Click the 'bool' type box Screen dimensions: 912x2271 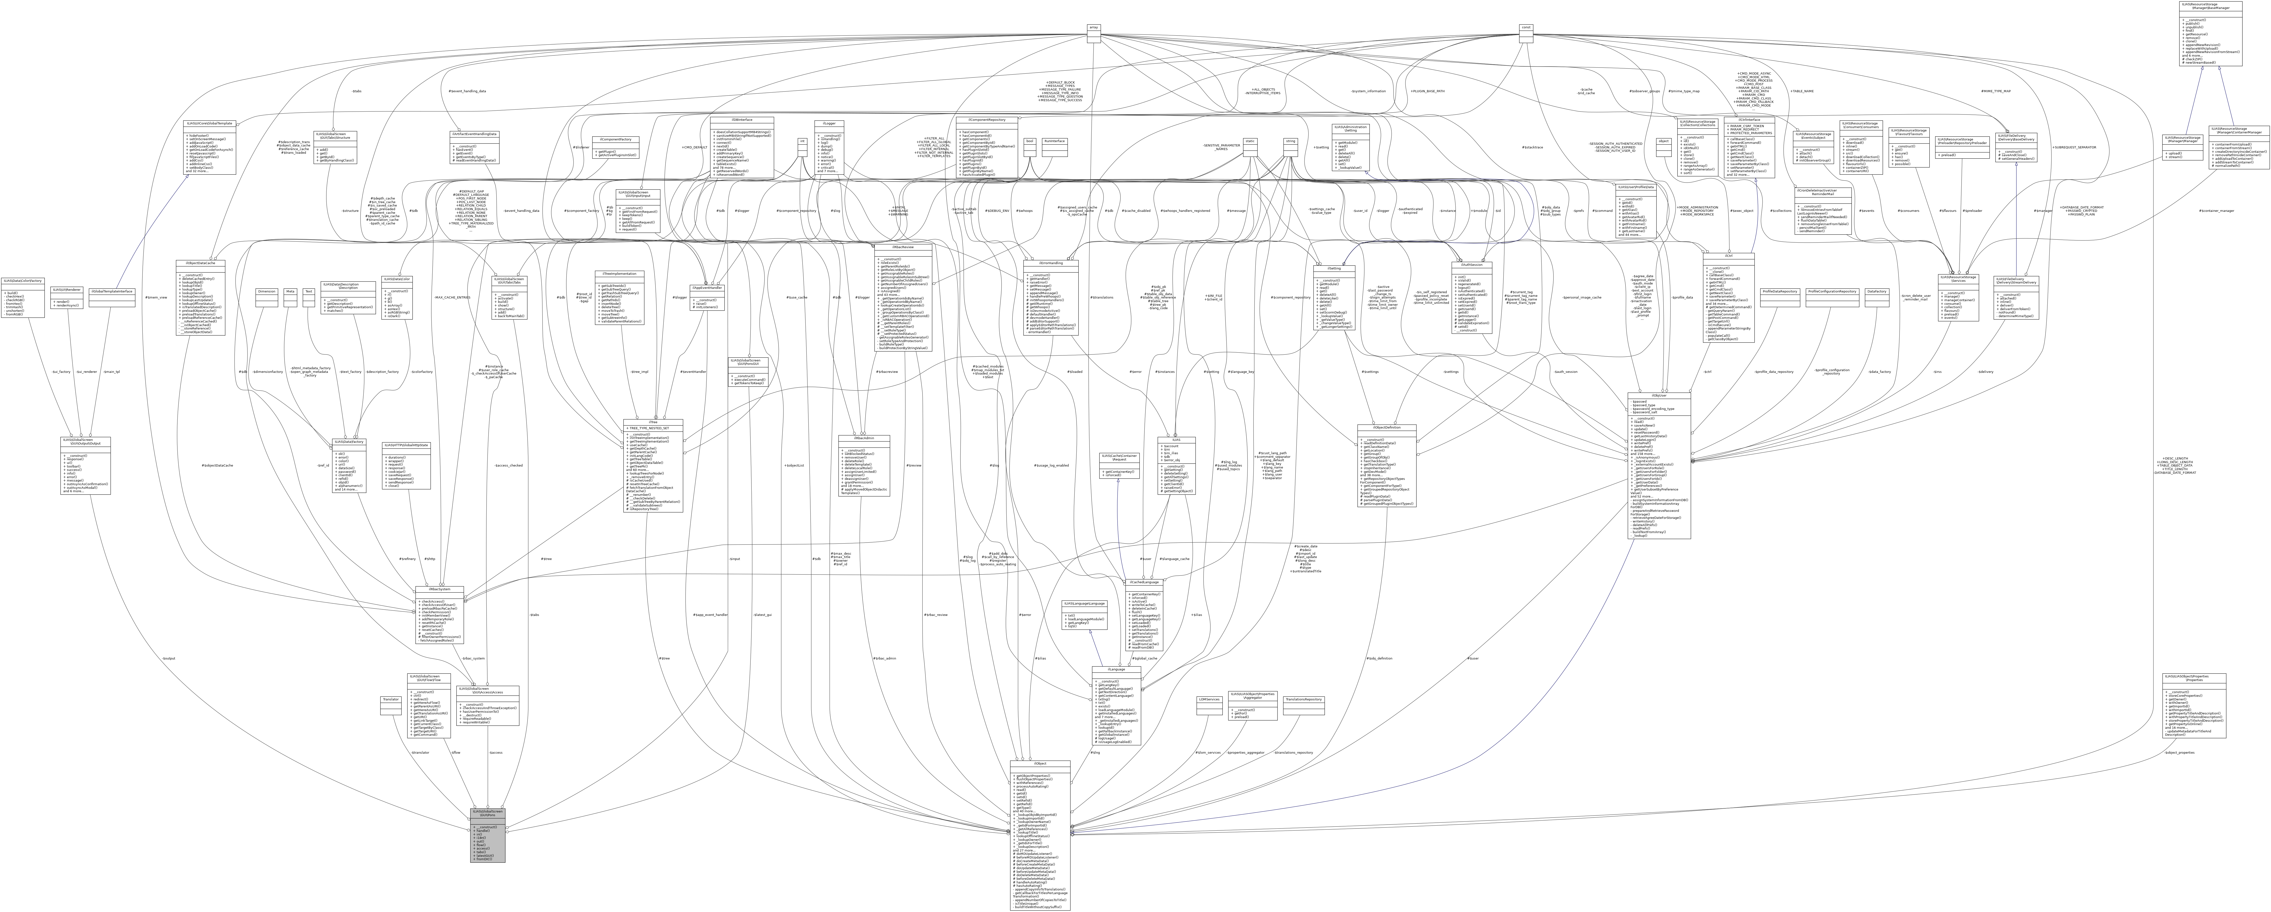[1029, 141]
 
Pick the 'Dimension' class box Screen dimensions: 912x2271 [266, 291]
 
